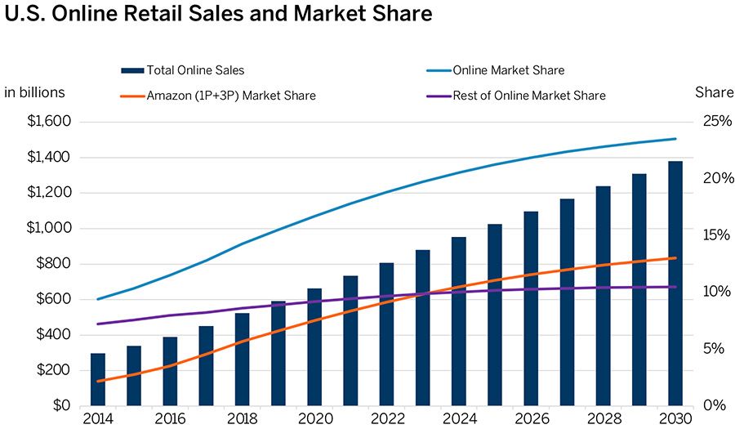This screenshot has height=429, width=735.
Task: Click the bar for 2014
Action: (x=98, y=379)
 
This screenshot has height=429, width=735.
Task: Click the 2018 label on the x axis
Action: (x=243, y=419)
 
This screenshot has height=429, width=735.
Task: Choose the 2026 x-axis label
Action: (x=531, y=419)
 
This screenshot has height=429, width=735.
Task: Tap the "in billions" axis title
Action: (x=34, y=92)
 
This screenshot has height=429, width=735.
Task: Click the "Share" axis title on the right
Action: (x=714, y=92)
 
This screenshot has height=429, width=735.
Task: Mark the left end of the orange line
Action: (x=97, y=382)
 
